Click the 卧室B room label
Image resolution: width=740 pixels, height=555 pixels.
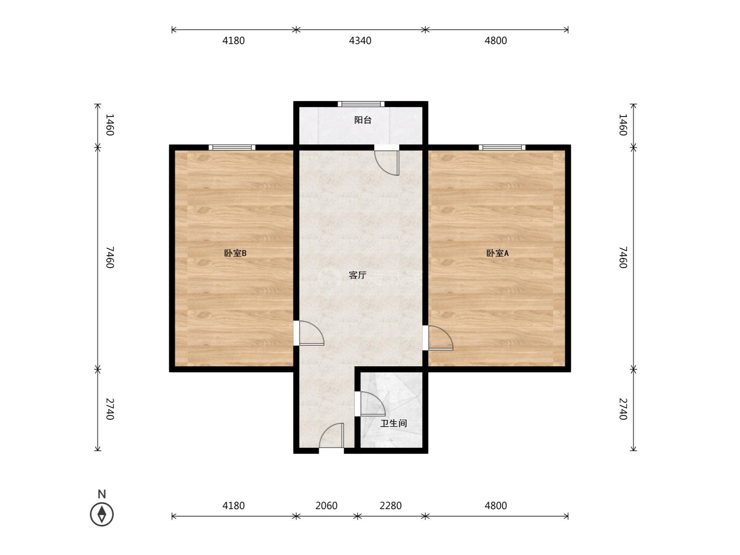click(235, 253)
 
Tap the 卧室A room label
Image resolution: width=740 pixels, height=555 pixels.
click(497, 253)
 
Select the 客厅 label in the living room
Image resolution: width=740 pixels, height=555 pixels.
click(357, 275)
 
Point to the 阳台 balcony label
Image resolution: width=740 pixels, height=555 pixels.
click(363, 120)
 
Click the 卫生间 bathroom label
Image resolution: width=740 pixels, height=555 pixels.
click(394, 423)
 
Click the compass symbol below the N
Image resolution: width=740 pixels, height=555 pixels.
click(102, 514)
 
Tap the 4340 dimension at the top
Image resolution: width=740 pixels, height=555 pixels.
click(360, 41)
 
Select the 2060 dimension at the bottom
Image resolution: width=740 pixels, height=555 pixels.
click(326, 505)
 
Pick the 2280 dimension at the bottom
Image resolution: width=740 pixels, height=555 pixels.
click(390, 505)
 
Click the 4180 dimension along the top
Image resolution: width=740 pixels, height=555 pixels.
click(233, 41)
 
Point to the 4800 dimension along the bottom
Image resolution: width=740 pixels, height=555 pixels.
click(496, 505)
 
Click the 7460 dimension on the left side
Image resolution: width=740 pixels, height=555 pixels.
click(110, 258)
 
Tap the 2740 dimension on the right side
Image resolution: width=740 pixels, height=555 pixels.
click(623, 409)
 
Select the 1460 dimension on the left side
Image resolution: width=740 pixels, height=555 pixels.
click(110, 125)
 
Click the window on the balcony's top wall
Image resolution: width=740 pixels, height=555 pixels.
click(361, 104)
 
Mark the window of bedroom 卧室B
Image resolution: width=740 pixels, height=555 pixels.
click(232, 147)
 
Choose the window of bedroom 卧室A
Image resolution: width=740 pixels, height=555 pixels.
click(502, 147)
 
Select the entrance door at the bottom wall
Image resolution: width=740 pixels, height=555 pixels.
click(332, 435)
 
